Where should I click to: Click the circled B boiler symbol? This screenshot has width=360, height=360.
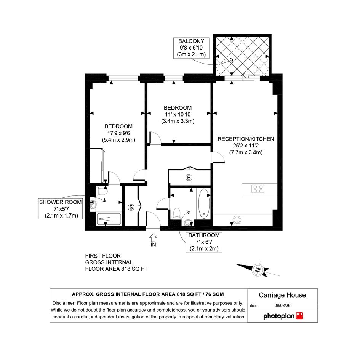click(x=189, y=178)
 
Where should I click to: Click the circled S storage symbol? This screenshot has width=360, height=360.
click(x=131, y=207)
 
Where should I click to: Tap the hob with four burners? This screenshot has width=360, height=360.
click(x=258, y=189)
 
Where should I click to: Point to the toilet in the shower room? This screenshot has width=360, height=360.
click(x=102, y=190)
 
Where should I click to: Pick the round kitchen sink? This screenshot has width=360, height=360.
click(x=237, y=220)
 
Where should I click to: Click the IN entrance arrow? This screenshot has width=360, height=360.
click(x=153, y=237)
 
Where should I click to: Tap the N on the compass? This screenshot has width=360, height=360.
click(x=258, y=270)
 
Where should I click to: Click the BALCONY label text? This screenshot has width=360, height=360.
click(x=191, y=41)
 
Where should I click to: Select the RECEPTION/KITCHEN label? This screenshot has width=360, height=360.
click(x=246, y=139)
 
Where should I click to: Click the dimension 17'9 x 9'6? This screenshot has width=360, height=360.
click(x=118, y=133)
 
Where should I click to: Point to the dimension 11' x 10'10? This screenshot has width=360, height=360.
click(x=178, y=114)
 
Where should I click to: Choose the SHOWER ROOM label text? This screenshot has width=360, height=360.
click(x=61, y=202)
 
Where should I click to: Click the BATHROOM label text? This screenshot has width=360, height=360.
click(x=204, y=235)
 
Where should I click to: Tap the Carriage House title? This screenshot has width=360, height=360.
click(x=282, y=295)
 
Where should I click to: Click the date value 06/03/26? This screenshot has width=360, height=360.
click(x=282, y=306)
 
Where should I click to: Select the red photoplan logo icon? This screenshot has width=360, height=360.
click(x=299, y=316)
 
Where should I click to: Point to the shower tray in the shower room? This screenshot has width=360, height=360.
click(x=109, y=219)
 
